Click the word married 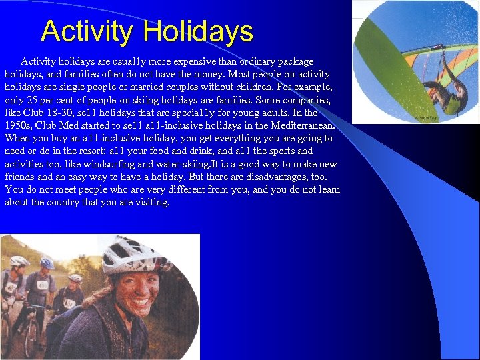pos(180,87)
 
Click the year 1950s pos(17,125)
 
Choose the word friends pos(19,177)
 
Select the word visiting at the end pos(152,202)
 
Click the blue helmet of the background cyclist pos(47,263)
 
